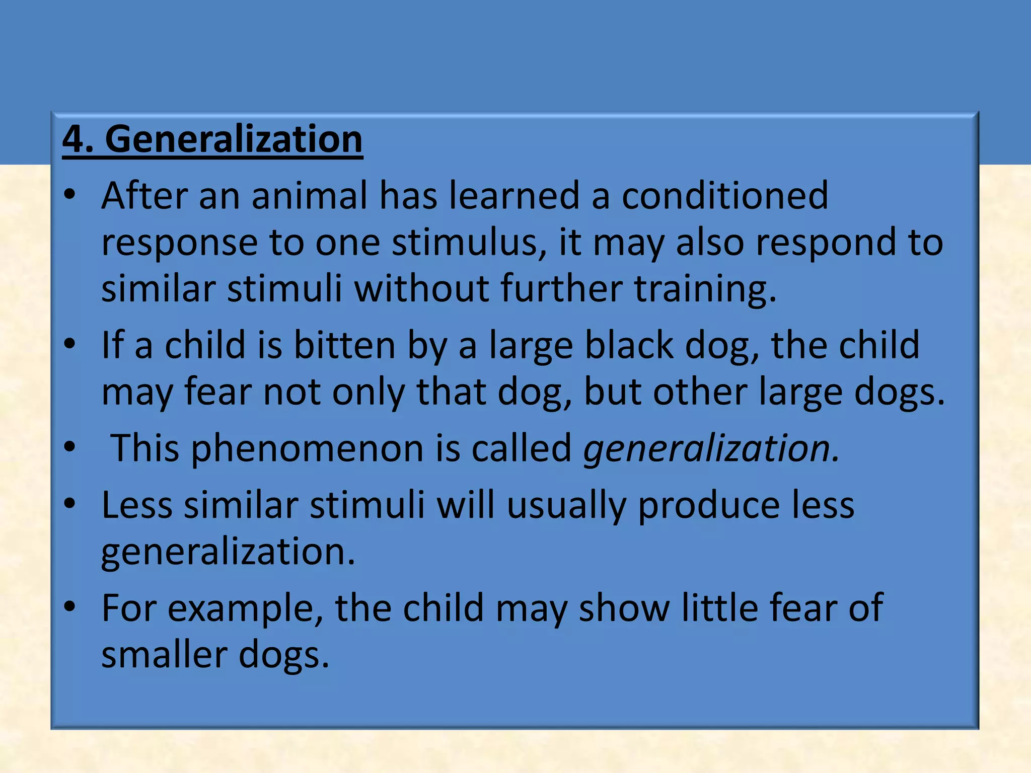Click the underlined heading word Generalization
[234, 139]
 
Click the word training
[705, 290]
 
